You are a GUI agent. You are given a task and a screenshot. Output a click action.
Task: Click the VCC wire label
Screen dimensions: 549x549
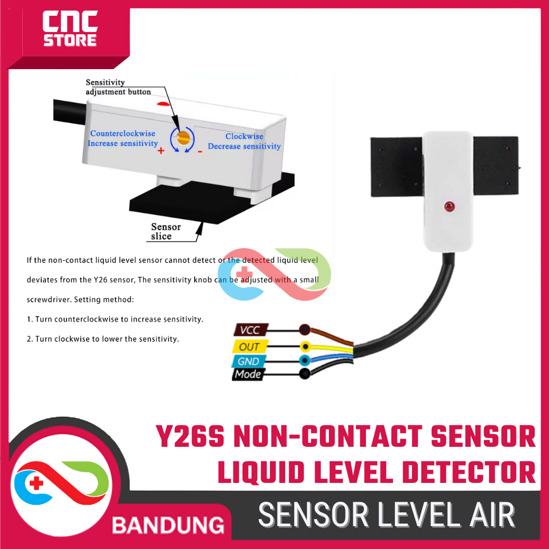pyautogui.click(x=250, y=330)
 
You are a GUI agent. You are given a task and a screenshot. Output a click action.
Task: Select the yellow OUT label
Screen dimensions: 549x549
pyautogui.click(x=249, y=347)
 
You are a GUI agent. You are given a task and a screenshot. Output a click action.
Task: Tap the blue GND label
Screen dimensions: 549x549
pyautogui.click(x=248, y=361)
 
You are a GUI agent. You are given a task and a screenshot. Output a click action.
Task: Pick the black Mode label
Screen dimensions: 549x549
pyautogui.click(x=248, y=375)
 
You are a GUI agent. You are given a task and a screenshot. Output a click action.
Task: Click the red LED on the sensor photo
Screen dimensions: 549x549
pyautogui.click(x=449, y=206)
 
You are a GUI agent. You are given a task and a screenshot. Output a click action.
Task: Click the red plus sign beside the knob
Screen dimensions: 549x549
pyautogui.click(x=161, y=151)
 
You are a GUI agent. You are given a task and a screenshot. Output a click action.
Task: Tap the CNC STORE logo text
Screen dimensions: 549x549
pyautogui.click(x=70, y=30)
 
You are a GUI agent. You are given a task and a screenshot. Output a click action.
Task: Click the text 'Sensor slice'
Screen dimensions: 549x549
pyautogui.click(x=165, y=232)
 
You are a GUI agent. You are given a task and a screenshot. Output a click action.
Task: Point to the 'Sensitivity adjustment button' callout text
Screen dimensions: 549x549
pyautogui.click(x=118, y=87)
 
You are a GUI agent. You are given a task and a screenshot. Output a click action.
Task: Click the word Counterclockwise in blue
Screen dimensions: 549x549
pyautogui.click(x=123, y=133)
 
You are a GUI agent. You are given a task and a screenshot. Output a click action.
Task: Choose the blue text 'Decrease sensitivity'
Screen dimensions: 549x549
pyautogui.click(x=244, y=146)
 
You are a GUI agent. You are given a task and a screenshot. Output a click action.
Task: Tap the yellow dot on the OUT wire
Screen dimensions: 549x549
pyautogui.click(x=305, y=347)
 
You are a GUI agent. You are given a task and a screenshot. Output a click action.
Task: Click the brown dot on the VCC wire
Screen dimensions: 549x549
pyautogui.click(x=304, y=330)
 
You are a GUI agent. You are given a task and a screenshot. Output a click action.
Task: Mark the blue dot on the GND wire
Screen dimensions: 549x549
pyautogui.click(x=304, y=361)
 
